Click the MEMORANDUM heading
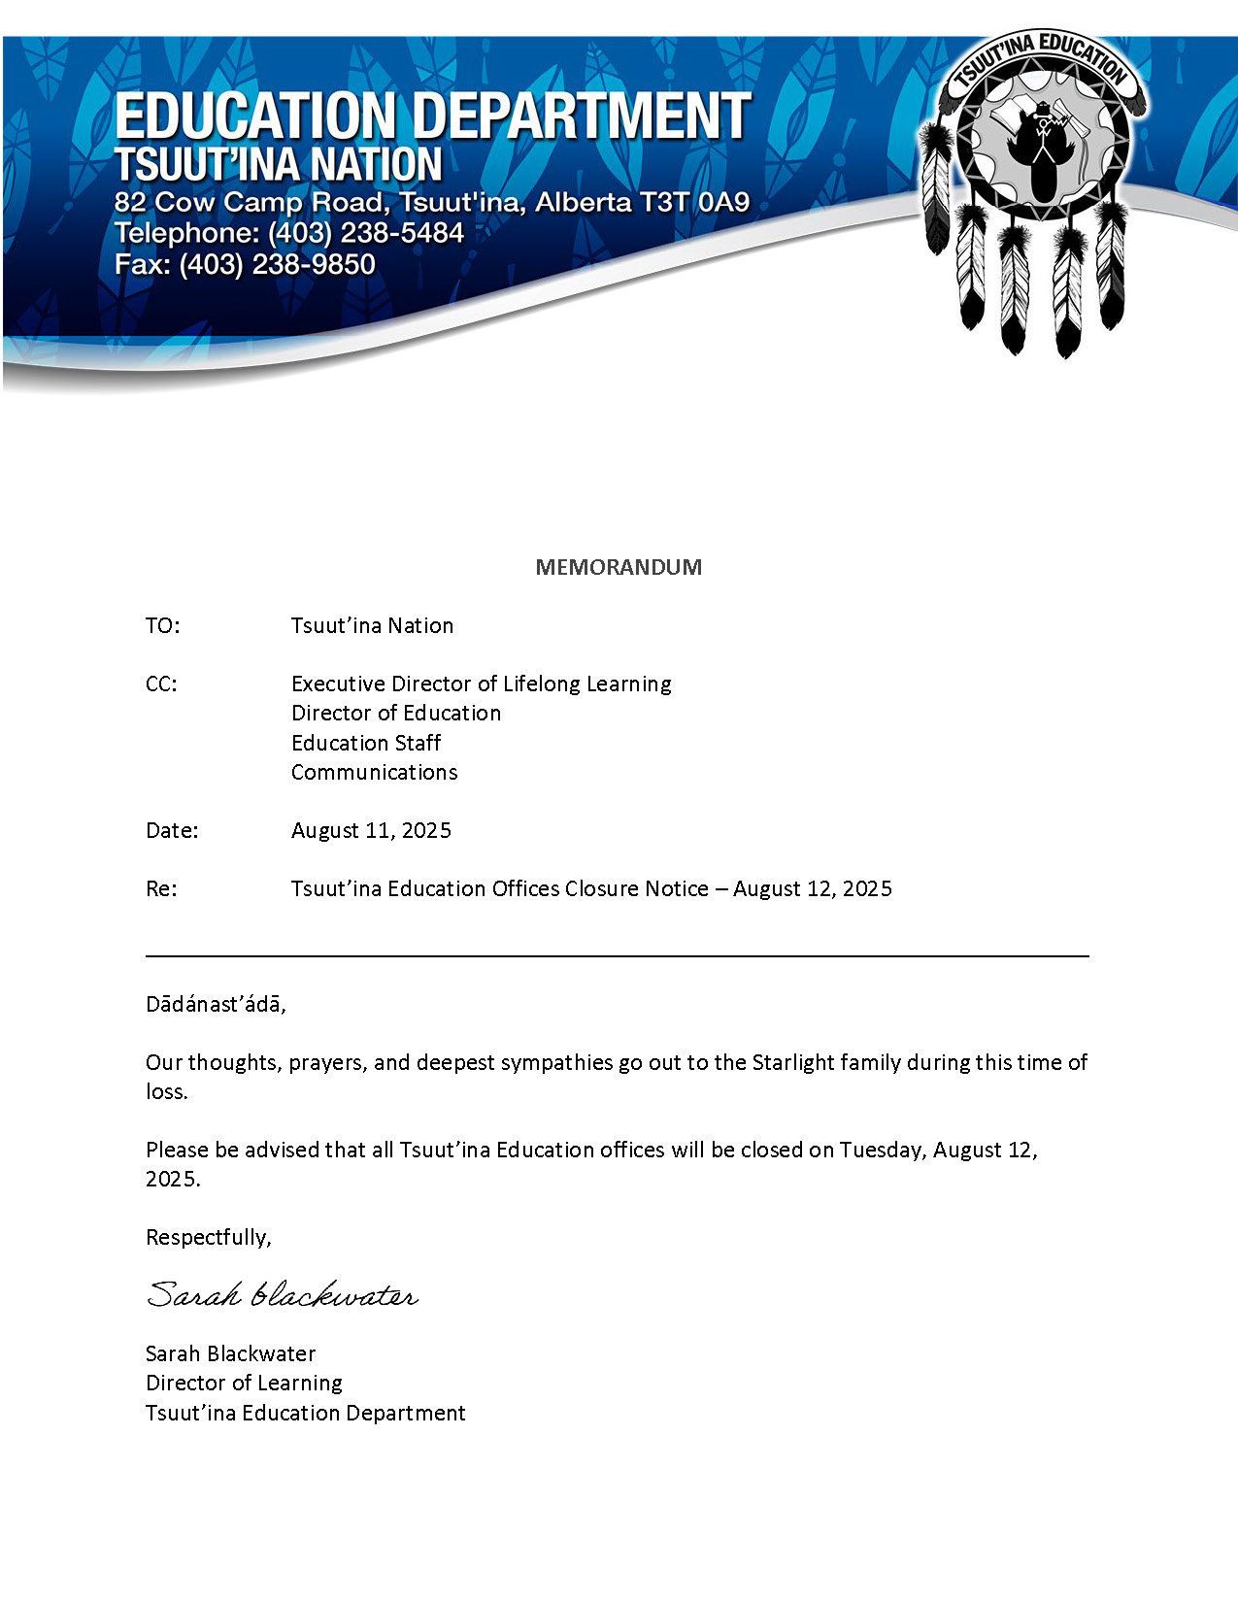(619, 567)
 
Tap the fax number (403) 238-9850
(277, 264)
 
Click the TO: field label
(163, 625)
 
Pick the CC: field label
(161, 684)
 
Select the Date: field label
(172, 830)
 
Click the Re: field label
(161, 888)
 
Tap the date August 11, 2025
(371, 830)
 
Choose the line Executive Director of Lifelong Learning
(481, 684)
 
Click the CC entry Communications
(374, 772)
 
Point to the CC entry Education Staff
(366, 743)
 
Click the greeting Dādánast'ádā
(216, 1004)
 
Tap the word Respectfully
(208, 1237)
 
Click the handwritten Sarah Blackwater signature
(282, 1295)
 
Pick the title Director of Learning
(244, 1383)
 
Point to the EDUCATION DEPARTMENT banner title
(432, 117)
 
